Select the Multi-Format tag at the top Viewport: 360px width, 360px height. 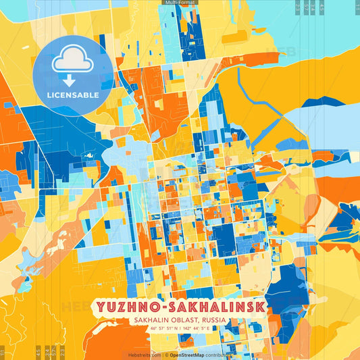pos(180,3)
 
